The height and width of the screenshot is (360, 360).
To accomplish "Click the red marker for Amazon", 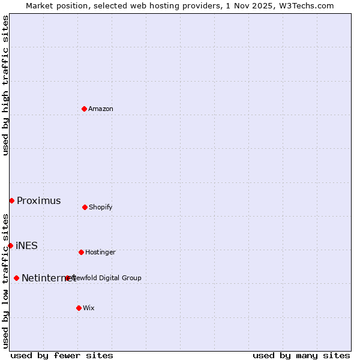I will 84,109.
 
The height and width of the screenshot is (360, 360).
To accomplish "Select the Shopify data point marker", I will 85,207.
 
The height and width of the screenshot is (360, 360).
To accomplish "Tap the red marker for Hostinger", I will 81,252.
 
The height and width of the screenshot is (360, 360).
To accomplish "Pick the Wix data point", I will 79,308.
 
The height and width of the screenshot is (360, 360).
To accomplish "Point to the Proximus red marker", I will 11,200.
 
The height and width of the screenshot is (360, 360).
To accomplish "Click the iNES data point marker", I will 10,245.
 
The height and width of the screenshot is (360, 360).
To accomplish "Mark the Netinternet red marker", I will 16,278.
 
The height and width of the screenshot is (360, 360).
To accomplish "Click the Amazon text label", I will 101,109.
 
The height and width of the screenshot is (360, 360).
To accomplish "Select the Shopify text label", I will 101,207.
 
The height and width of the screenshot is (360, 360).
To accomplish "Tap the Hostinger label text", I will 100,252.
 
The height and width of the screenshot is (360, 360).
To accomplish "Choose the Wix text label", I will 89,308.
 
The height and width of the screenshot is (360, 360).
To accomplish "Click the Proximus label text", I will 39,200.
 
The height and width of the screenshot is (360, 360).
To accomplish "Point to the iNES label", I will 26,245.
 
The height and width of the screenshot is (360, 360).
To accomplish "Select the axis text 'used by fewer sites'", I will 62,355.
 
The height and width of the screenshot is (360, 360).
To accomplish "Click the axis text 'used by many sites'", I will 301,355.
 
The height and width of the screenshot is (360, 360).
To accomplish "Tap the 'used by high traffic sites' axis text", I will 6,85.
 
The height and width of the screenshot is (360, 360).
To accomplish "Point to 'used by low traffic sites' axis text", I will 6,281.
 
